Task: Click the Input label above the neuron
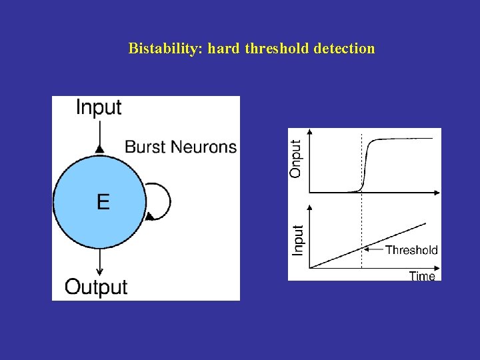(99, 107)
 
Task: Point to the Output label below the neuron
(96, 287)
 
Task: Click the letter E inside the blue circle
(103, 201)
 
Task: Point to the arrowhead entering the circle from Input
(99, 147)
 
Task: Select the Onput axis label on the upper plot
(295, 157)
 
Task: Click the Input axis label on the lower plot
(298, 240)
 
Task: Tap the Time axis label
(422, 275)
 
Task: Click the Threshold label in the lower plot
(411, 250)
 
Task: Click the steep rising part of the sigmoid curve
(365, 167)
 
